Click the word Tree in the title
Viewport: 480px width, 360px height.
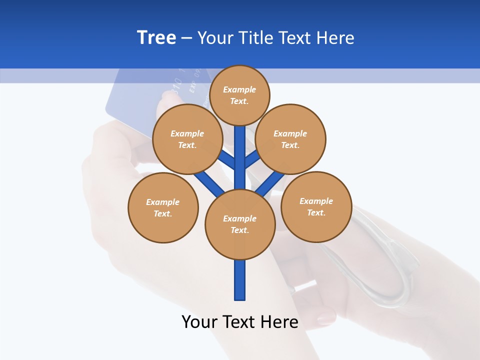point(156,37)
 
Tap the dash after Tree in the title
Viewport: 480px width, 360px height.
point(186,38)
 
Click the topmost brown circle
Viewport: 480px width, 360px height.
point(239,95)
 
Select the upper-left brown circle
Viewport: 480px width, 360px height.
point(187,139)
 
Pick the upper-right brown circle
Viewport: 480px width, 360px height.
point(290,139)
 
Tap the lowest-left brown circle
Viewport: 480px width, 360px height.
point(163,207)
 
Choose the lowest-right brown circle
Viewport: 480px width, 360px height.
point(316,206)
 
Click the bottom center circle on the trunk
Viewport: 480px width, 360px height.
point(240,224)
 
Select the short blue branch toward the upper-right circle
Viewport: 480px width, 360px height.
point(252,160)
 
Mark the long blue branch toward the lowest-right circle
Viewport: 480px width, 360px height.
point(270,183)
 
